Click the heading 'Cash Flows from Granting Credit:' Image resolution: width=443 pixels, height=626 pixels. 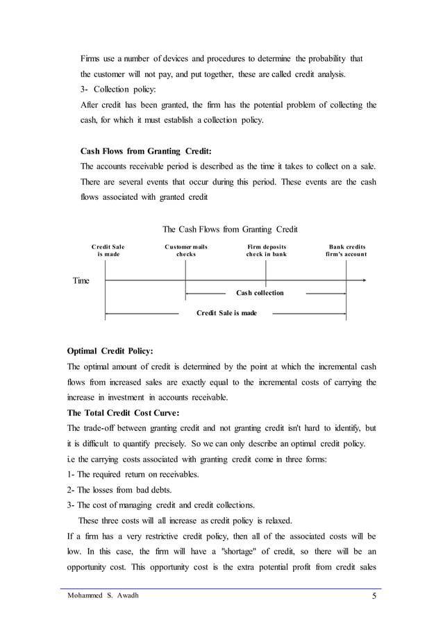click(146, 151)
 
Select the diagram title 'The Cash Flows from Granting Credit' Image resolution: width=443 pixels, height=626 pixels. click(230, 229)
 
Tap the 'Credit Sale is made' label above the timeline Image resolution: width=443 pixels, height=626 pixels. click(108, 251)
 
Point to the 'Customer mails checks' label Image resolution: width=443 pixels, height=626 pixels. click(185, 251)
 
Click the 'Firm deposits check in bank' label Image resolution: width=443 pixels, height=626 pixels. click(266, 251)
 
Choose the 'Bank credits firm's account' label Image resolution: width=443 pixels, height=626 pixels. click(346, 251)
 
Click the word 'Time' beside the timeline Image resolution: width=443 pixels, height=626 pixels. click(81, 280)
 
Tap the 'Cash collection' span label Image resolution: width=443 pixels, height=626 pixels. click(260, 293)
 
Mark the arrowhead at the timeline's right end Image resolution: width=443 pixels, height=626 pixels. click(363, 280)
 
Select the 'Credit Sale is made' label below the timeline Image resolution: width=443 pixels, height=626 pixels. click(226, 313)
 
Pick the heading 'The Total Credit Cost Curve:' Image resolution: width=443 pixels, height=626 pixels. click(122, 412)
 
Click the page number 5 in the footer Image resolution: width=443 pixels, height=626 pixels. click(375, 595)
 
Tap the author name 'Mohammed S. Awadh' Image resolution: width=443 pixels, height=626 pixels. click(103, 595)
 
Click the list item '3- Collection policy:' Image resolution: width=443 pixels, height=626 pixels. click(119, 90)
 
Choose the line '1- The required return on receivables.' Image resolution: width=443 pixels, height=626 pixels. click(132, 474)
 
